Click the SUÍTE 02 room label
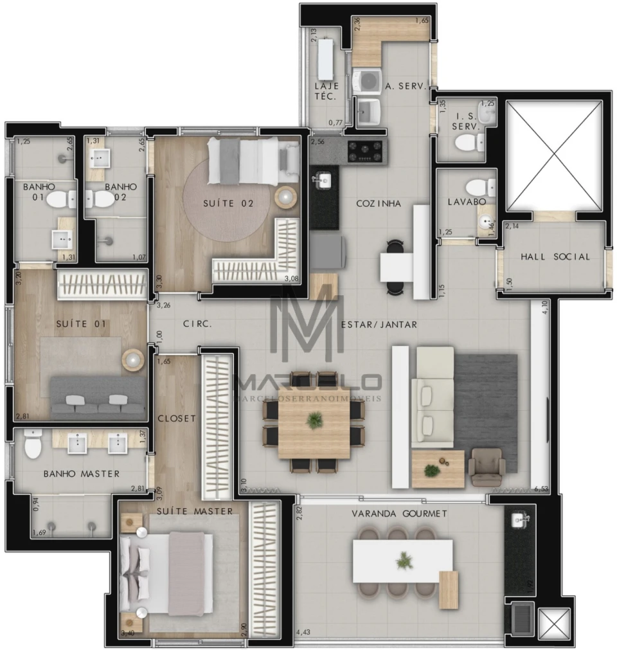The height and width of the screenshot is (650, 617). (x=228, y=203)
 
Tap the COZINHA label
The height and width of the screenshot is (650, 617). (x=379, y=203)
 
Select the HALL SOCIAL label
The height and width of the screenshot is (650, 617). (x=555, y=257)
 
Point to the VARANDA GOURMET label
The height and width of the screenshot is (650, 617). (x=399, y=514)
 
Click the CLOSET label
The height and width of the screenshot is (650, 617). (x=177, y=419)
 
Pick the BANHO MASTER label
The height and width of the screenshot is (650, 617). (x=82, y=474)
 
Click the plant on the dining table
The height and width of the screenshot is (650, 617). (x=314, y=420)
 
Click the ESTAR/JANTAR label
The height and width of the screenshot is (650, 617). (x=379, y=325)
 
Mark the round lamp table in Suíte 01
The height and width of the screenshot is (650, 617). (x=133, y=360)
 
